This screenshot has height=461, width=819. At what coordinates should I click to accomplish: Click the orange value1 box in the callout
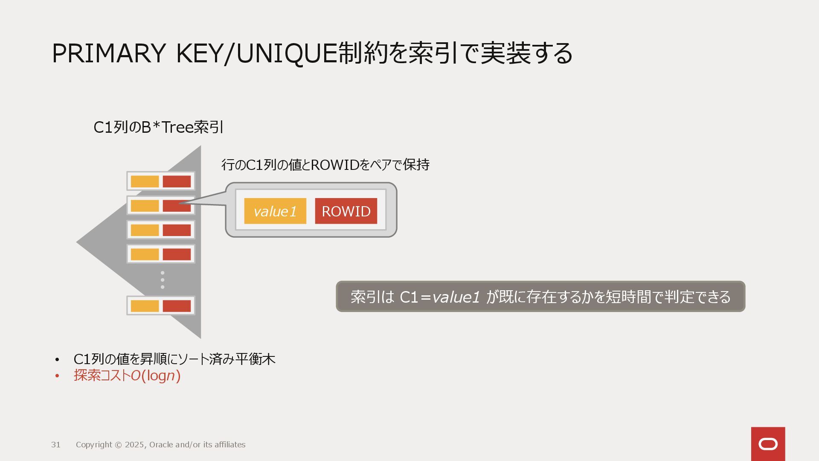coord(275,211)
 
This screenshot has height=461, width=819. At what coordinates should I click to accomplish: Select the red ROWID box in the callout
coord(346,211)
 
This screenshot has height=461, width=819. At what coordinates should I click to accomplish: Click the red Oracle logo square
coord(768,444)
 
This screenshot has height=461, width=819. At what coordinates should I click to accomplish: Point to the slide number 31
coord(56,445)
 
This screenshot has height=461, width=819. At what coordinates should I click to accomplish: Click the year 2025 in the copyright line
coord(134,445)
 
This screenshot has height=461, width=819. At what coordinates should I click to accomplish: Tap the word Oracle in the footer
coord(161,445)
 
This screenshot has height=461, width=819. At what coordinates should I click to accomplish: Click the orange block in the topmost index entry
coord(145,181)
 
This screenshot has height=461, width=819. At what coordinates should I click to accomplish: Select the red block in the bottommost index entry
coord(177,306)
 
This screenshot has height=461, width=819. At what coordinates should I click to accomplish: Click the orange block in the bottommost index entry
coord(145,306)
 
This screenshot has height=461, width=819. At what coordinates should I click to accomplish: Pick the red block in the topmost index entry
coord(177,181)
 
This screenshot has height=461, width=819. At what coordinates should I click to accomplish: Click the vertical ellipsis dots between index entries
coord(163,280)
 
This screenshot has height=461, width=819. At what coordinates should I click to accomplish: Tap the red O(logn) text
coord(156,376)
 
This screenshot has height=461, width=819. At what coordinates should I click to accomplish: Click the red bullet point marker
coord(57,376)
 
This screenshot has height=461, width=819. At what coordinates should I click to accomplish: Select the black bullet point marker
coord(57,360)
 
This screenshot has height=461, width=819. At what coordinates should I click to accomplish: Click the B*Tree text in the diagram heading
coord(167,127)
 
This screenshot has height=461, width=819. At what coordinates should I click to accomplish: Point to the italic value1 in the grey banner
coord(456,297)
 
